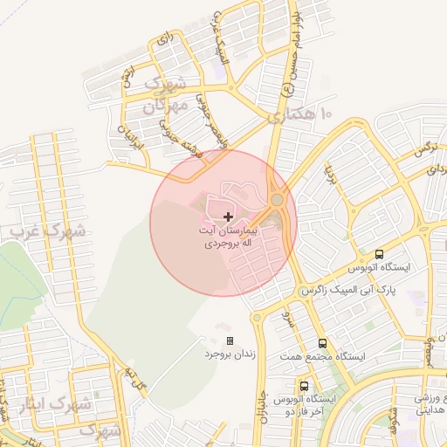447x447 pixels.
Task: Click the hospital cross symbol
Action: [x=229, y=216]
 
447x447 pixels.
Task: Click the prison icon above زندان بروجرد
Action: [x=230, y=340]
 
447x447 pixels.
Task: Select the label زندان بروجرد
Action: [x=229, y=355]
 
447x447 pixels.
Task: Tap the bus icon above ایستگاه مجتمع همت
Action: [x=323, y=343]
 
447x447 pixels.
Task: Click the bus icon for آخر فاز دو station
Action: [x=304, y=385]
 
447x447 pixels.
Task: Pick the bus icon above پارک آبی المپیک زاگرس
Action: [x=378, y=255]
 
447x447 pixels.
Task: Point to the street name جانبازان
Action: [x=262, y=402]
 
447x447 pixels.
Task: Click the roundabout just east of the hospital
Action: [x=277, y=200]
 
